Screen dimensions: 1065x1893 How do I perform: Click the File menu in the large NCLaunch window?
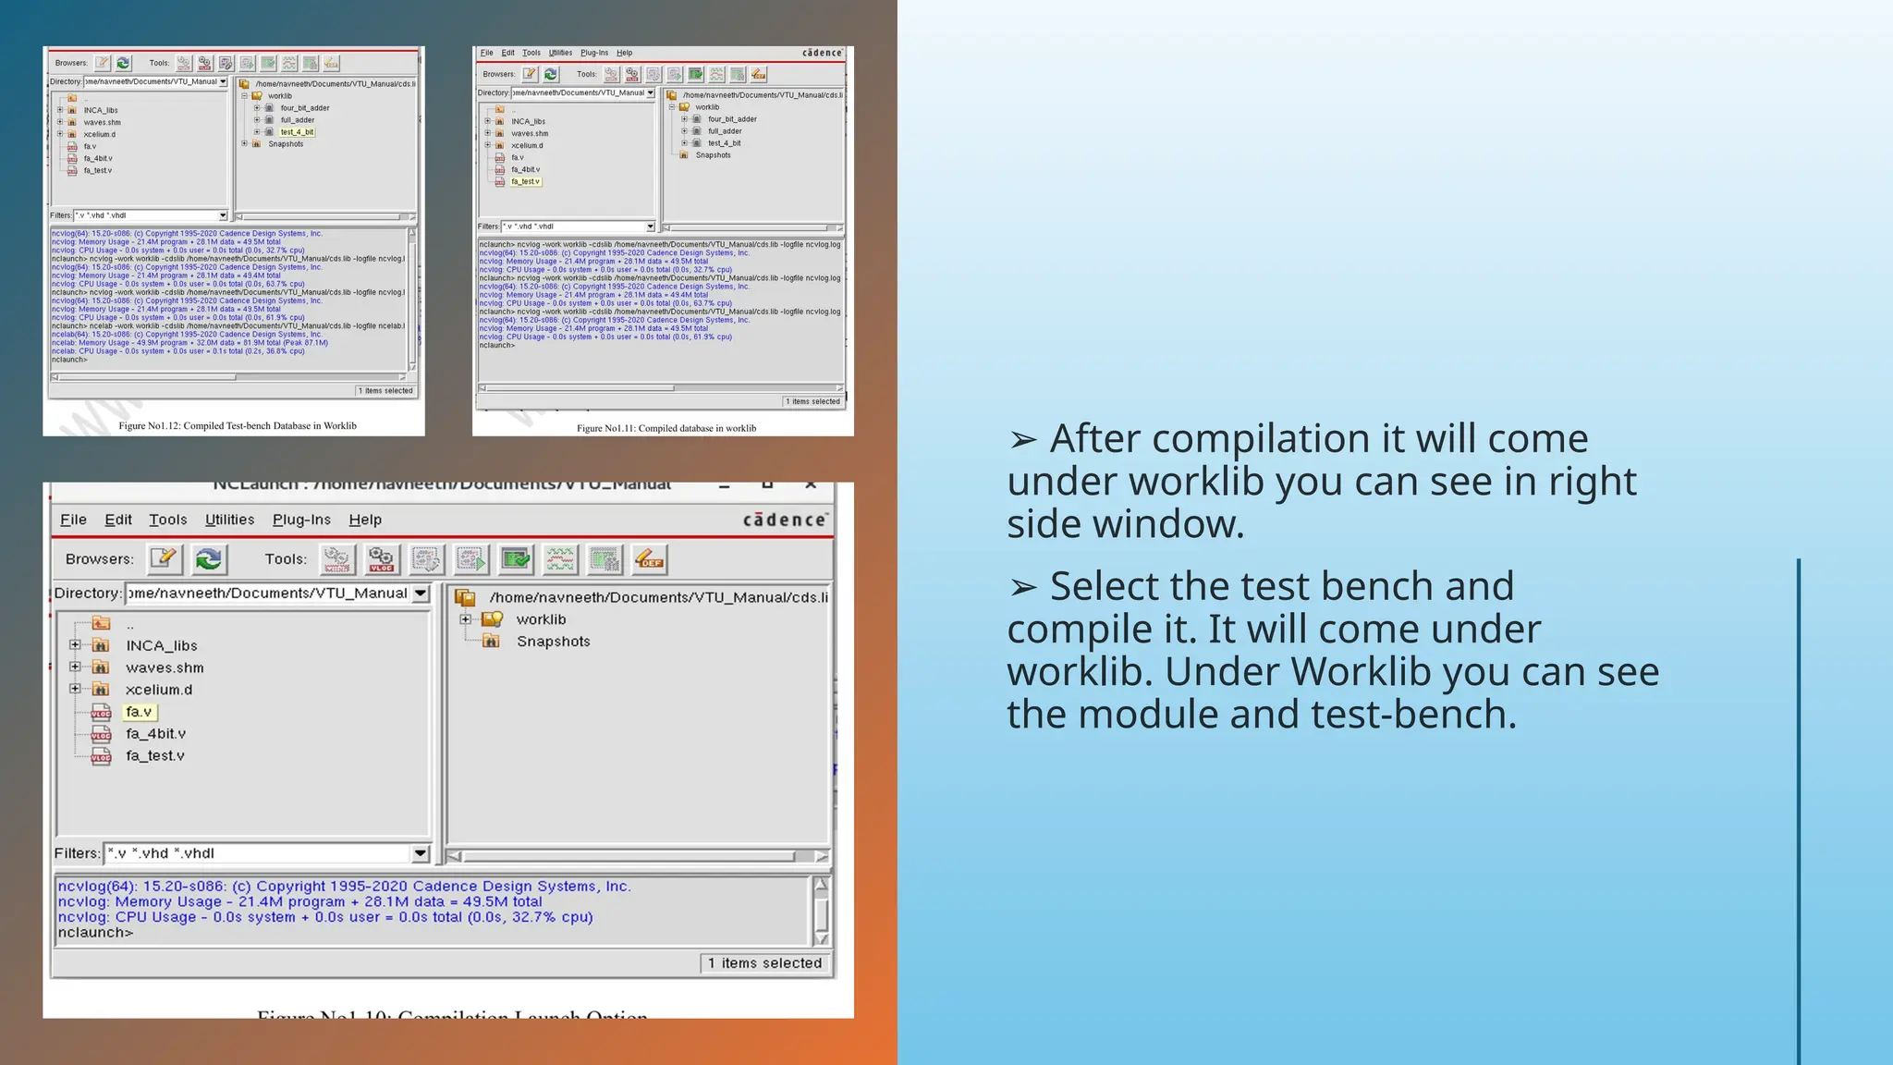(73, 520)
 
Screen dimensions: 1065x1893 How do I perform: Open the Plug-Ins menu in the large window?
(301, 520)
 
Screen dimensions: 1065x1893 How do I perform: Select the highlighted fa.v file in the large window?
(139, 712)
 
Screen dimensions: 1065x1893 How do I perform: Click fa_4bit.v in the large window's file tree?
(155, 734)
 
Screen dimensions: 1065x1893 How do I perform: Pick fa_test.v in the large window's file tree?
(154, 756)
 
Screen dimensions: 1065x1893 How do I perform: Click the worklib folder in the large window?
(540, 619)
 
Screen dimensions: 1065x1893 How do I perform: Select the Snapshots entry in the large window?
(553, 642)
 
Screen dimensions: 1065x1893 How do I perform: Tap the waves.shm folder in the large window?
(165, 667)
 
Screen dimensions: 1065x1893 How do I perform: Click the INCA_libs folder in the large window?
(161, 645)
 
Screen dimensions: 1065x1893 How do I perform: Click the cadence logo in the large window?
(785, 520)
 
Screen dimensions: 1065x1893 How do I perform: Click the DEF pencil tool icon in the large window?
(650, 559)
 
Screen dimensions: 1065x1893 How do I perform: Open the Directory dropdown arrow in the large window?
(421, 594)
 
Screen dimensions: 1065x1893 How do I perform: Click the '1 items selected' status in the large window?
(764, 963)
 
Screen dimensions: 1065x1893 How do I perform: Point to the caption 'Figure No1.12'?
(237, 426)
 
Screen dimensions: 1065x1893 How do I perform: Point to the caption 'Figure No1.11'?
(666, 428)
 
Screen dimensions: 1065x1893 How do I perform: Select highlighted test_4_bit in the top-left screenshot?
(297, 132)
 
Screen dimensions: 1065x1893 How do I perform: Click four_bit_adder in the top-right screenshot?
(732, 119)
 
